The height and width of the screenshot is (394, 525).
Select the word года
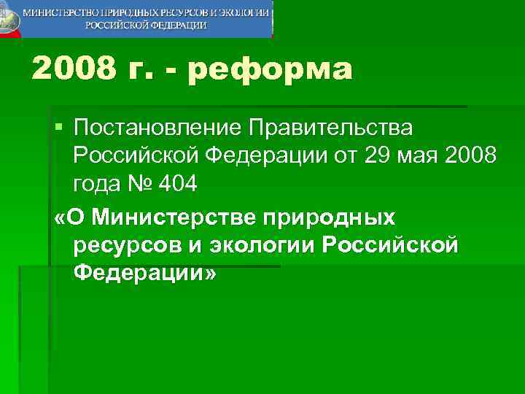point(99,183)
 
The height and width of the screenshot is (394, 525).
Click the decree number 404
point(179,183)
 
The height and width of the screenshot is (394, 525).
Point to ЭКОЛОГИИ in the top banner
point(245,13)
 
